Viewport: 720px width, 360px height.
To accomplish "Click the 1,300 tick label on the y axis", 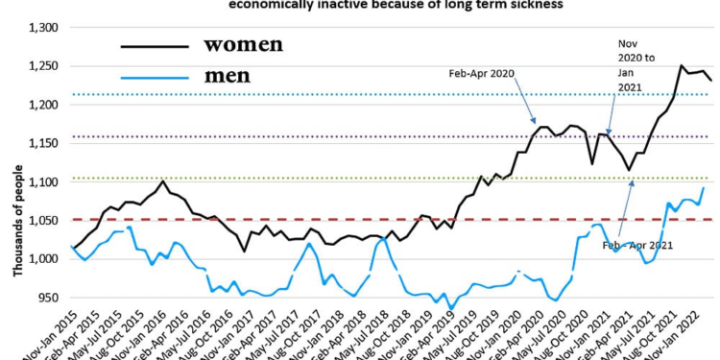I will (x=45, y=28).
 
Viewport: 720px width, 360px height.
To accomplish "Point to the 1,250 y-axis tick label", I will (x=45, y=66).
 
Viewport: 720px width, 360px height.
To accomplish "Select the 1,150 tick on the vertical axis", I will (x=45, y=143).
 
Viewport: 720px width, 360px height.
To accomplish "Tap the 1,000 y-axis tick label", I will (x=45, y=259).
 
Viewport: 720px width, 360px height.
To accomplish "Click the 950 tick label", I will (x=50, y=298).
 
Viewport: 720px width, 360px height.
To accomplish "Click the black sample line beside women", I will (x=154, y=44).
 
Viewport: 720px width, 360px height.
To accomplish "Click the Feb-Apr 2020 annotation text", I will (x=482, y=73).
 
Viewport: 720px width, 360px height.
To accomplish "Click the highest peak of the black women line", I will (x=682, y=66).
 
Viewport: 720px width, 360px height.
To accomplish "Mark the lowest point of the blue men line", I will (x=451, y=309).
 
